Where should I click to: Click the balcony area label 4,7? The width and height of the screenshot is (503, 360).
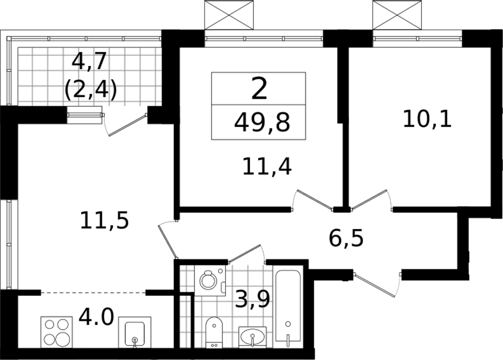coord(88,61)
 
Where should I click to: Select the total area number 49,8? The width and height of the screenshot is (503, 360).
coord(262,122)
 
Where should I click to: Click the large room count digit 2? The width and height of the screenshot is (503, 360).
coord(259,89)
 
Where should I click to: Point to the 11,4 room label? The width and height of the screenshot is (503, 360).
coord(267,167)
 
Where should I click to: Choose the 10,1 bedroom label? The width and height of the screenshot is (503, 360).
coord(427,119)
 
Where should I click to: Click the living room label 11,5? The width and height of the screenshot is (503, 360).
coord(105,220)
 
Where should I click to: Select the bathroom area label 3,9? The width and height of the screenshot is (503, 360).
coord(252,300)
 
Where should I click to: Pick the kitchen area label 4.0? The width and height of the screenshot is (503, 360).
coord(96,317)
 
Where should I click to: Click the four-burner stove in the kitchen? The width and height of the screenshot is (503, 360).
coord(56,331)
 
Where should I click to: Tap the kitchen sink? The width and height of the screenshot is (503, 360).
coord(135,332)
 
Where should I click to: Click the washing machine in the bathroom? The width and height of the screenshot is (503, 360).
coord(210,280)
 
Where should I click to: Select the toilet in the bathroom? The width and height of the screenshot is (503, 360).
coord(214,333)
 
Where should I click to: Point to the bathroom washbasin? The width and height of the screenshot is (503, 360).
coord(253,337)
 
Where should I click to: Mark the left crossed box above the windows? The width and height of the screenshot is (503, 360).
coord(229,15)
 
